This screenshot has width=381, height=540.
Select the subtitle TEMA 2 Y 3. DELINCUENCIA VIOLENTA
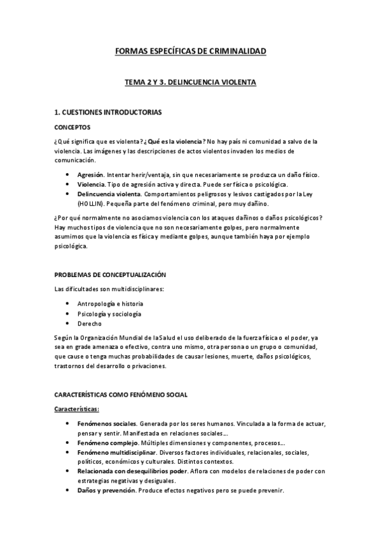pos(190,82)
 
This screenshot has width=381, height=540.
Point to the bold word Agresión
pos(90,174)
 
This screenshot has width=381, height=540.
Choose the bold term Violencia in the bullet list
pos(91,184)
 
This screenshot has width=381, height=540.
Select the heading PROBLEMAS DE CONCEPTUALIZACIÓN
pos(109,274)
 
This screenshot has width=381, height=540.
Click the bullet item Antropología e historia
pos(110,304)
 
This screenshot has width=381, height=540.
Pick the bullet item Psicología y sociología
pos(109,314)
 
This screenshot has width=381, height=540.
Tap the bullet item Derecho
pos(89,323)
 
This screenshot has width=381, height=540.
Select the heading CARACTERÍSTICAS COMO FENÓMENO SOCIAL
pos(121,395)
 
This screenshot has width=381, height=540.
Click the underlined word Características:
pos(81,409)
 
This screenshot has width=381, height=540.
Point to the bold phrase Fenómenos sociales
pos(107,423)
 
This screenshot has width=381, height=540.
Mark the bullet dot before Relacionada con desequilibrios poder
pos(68,471)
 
